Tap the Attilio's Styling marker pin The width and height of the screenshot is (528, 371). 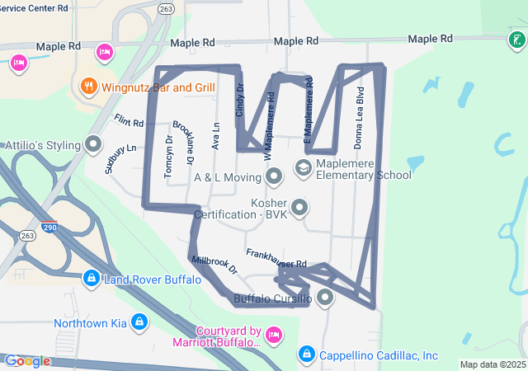pyautogui.click(x=93, y=145)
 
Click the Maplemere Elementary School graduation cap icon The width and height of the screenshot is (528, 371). pyautogui.click(x=303, y=168)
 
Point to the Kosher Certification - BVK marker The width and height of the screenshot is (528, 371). pyautogui.click(x=299, y=207)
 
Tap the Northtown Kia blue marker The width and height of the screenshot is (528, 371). pyautogui.click(x=139, y=322)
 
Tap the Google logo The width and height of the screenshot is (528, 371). pyautogui.click(x=27, y=361)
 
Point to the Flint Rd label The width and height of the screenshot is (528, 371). pyautogui.click(x=130, y=121)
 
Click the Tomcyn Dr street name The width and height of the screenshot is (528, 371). pyautogui.click(x=168, y=156)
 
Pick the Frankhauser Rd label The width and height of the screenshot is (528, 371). pyautogui.click(x=276, y=258)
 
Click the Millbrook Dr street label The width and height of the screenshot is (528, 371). pyautogui.click(x=214, y=264)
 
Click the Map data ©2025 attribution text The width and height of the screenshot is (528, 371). pyautogui.click(x=492, y=364)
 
